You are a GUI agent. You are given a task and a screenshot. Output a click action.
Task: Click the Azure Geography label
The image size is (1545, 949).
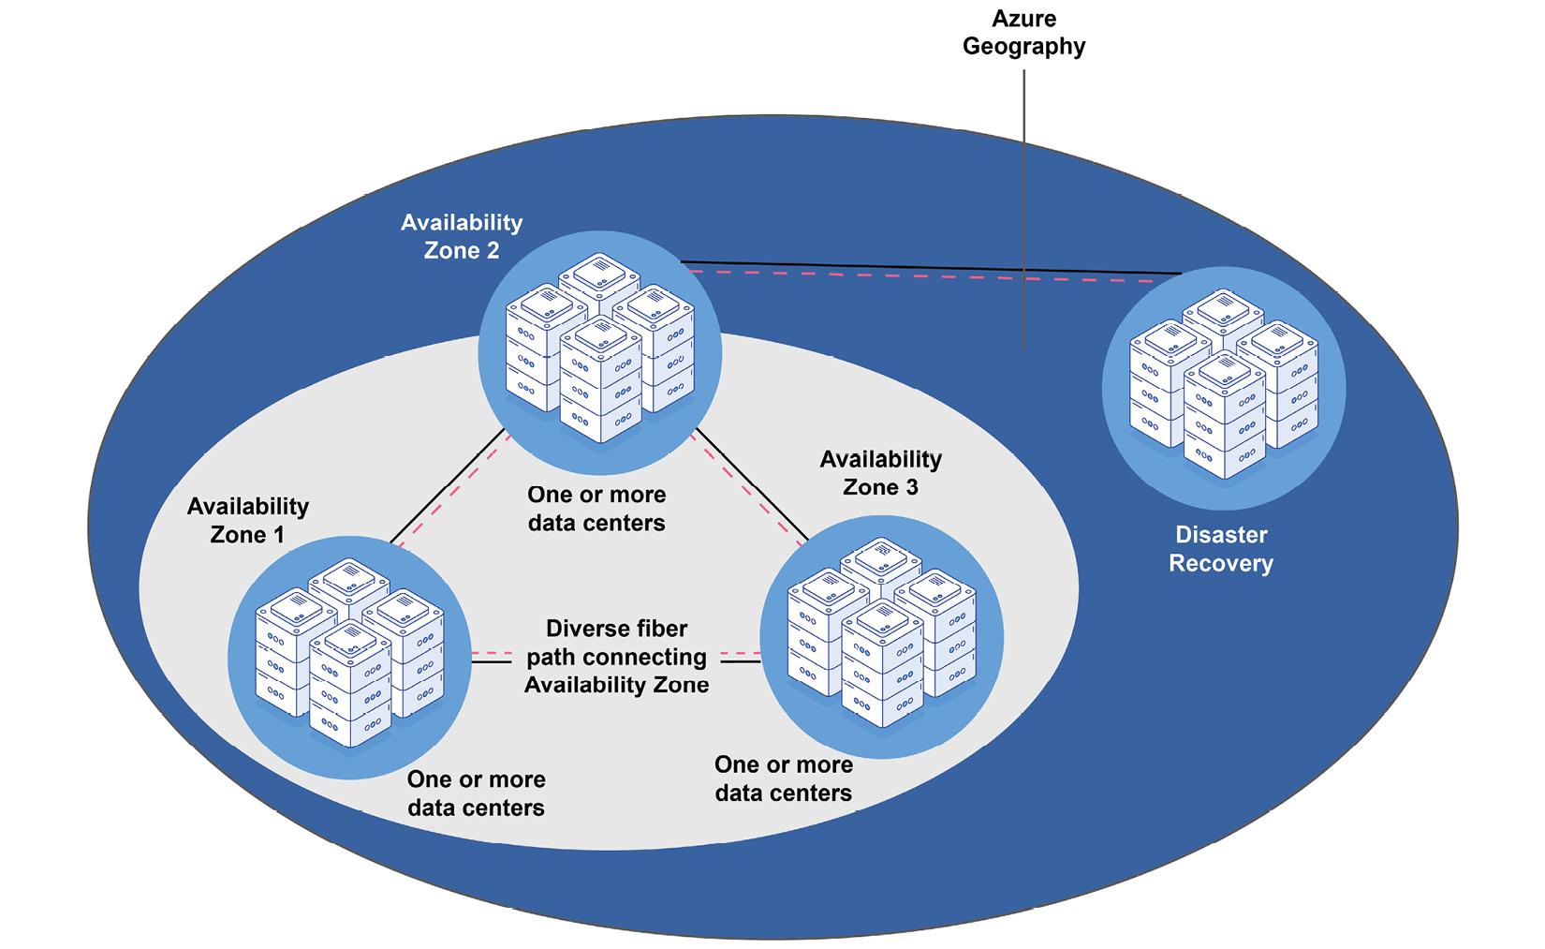(x=1023, y=33)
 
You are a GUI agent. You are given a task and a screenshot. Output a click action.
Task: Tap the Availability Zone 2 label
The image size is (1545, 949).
(x=462, y=236)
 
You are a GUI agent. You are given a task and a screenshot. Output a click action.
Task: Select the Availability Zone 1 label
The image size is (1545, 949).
(x=247, y=520)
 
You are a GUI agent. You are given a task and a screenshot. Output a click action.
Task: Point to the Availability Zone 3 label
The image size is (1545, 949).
(x=880, y=473)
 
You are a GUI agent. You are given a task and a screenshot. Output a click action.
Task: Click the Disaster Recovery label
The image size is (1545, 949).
(x=1221, y=549)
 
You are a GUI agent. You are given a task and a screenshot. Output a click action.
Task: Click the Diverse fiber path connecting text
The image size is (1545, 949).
(x=616, y=656)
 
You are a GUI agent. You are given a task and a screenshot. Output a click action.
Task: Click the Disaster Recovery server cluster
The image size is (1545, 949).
(x=1223, y=385)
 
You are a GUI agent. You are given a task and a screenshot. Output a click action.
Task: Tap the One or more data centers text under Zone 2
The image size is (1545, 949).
(x=596, y=509)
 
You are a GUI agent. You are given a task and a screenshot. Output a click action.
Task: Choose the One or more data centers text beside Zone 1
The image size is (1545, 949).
(x=476, y=793)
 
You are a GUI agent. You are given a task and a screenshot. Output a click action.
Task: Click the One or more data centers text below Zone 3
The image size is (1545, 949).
(x=783, y=778)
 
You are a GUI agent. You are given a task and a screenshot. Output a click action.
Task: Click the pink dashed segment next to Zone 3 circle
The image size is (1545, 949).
(x=740, y=652)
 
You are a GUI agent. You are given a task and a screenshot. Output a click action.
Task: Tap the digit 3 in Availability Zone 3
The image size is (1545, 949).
(x=912, y=487)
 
